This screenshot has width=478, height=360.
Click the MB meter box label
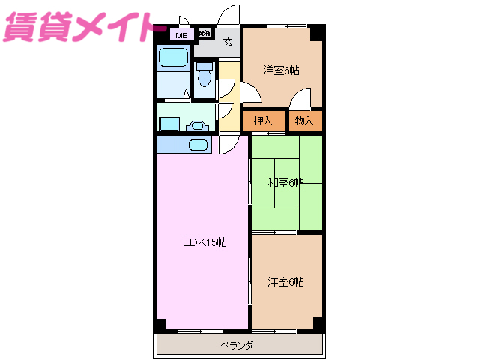[181, 34]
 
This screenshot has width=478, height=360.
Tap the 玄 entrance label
[227, 42]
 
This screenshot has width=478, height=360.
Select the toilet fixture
[203, 78]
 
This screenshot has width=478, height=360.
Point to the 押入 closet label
[262, 120]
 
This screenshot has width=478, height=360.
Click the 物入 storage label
[303, 120]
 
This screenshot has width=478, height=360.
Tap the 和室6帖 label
[285, 182]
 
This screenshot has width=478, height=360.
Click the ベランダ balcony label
[237, 345]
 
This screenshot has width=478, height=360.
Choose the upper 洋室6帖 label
[281, 70]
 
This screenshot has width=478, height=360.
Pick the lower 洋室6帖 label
[285, 281]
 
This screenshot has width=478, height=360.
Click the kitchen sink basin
[198, 145]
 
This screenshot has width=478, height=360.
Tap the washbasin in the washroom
[199, 125]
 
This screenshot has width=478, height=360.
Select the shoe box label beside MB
[204, 33]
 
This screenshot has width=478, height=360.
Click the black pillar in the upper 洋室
[317, 33]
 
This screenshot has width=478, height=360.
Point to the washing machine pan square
[169, 125]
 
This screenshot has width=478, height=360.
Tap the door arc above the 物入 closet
[300, 98]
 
